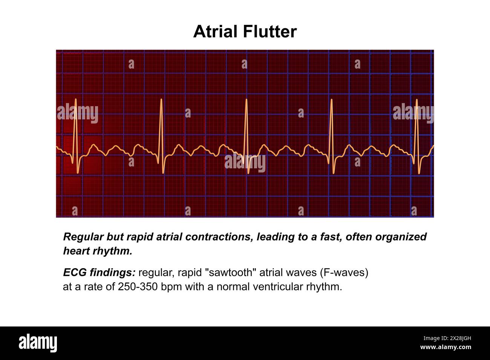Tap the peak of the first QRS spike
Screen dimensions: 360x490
76,100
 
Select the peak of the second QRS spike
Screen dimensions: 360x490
161,100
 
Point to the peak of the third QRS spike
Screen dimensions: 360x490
246,100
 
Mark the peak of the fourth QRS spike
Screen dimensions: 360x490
331,100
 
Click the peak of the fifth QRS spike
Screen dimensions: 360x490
416,100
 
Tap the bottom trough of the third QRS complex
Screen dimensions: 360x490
248,173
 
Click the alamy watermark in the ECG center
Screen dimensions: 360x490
245,163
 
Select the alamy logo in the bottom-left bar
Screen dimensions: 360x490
38,343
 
